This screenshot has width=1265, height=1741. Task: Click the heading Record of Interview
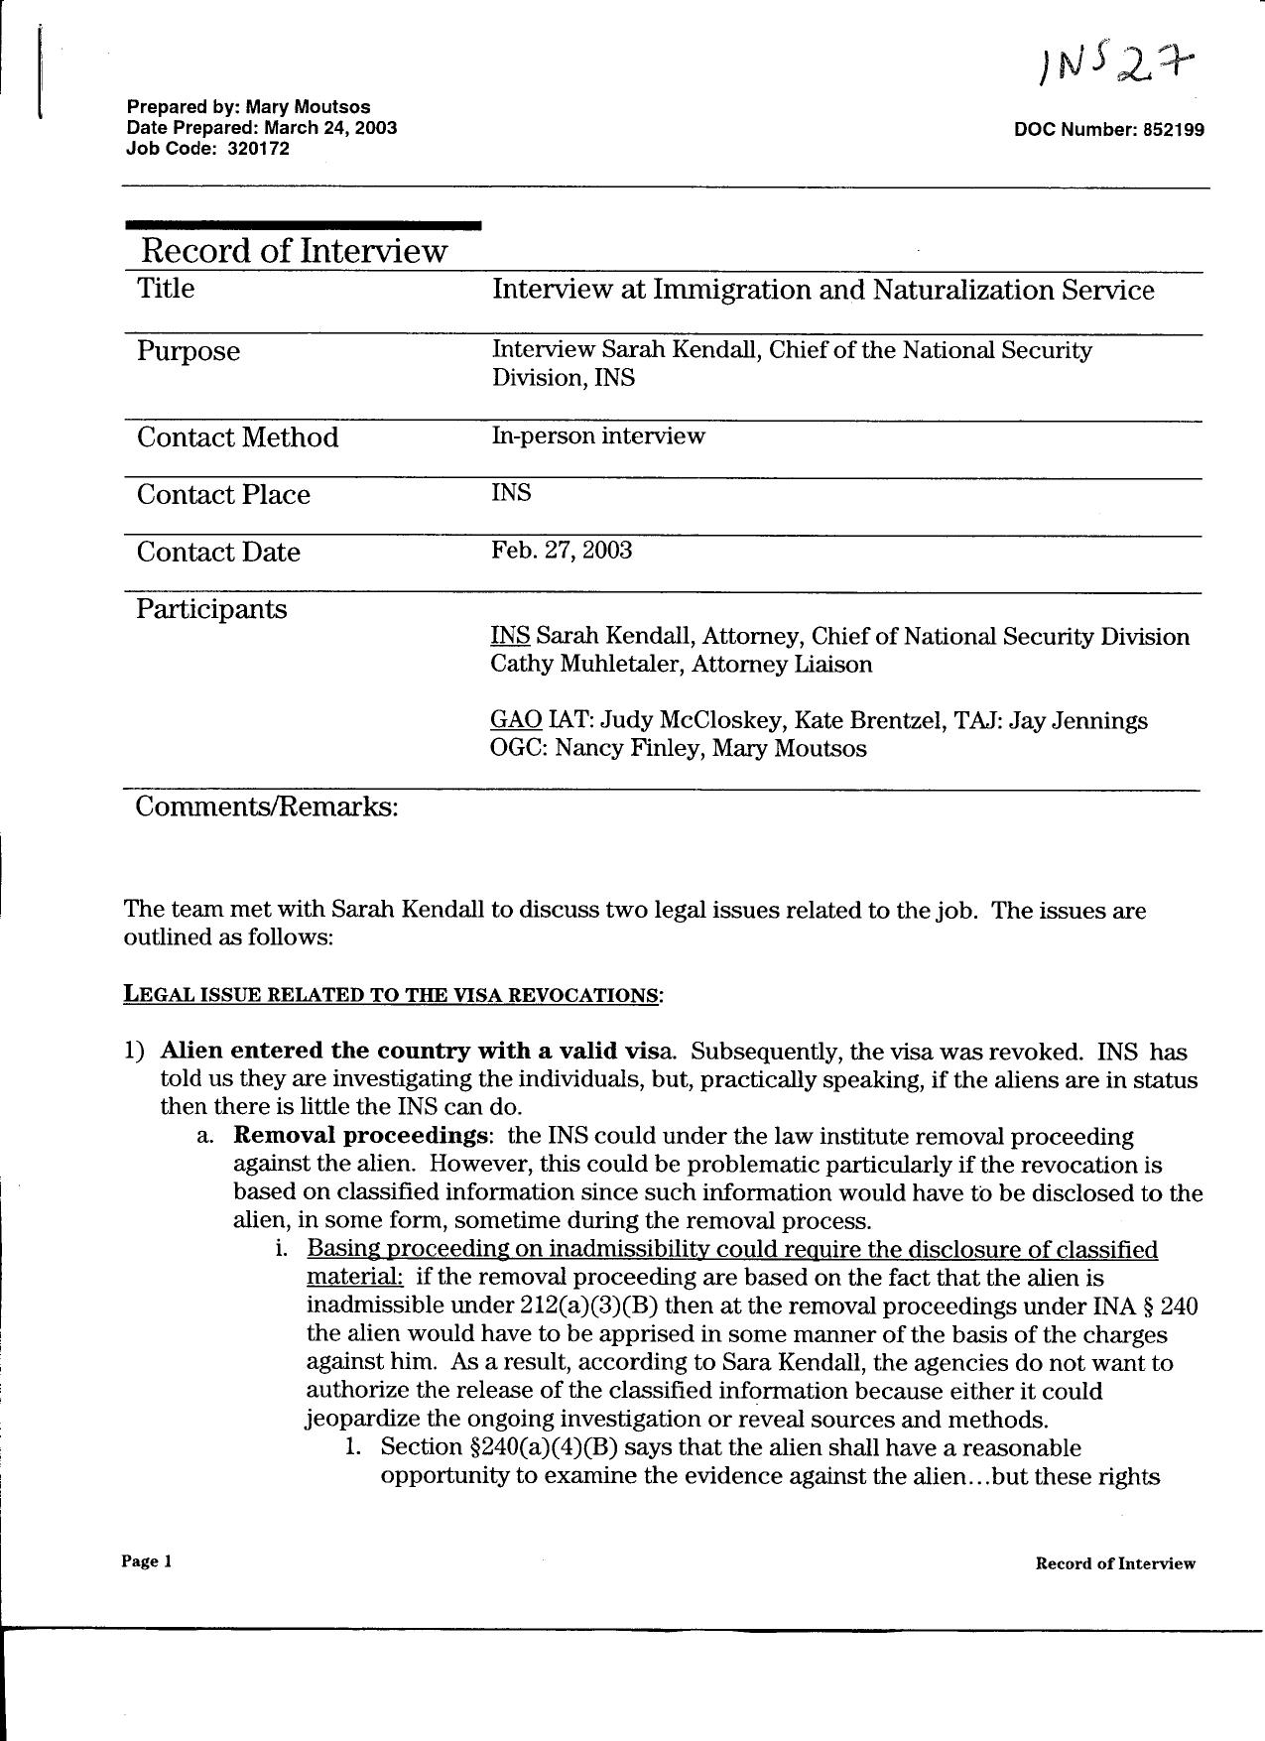(x=294, y=251)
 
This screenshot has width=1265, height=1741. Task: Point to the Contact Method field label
(x=237, y=437)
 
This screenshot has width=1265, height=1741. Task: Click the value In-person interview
(x=597, y=435)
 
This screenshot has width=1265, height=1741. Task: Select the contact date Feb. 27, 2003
(x=561, y=551)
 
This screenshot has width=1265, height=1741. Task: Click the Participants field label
(x=211, y=609)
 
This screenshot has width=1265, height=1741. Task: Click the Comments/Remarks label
(x=266, y=807)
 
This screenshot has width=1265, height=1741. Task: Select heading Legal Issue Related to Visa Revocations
(x=391, y=994)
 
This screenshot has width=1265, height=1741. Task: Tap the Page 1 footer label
(x=147, y=1561)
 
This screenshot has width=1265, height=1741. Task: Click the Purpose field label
(x=189, y=351)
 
